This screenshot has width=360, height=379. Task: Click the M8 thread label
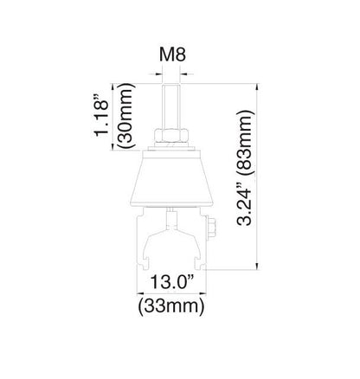(172, 55)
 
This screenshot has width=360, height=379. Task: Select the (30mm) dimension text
(125, 116)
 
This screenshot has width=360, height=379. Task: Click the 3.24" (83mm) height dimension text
(245, 168)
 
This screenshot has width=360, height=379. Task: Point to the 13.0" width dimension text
(171, 282)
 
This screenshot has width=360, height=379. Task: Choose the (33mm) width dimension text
(171, 306)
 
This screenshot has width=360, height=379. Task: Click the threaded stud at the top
(171, 106)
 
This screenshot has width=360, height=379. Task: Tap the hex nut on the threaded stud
(171, 136)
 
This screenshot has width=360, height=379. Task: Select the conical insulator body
(171, 179)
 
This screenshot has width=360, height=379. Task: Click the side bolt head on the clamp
(212, 228)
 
